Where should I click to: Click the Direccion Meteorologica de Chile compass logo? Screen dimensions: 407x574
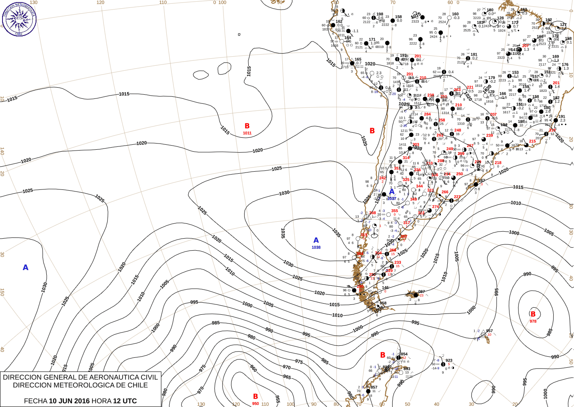pyautogui.click(x=19, y=19)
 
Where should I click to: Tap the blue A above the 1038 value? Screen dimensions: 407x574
pyautogui.click(x=316, y=240)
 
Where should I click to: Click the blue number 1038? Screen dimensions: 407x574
pyautogui.click(x=316, y=247)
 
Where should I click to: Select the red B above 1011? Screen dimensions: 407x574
pyautogui.click(x=247, y=126)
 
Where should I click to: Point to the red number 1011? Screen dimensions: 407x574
pyautogui.click(x=247, y=133)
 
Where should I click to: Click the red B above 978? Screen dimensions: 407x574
pyautogui.click(x=533, y=314)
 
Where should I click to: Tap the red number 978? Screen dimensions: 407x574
pyautogui.click(x=533, y=321)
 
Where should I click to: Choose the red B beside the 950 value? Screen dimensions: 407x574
pyautogui.click(x=255, y=397)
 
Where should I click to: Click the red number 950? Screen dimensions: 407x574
pyautogui.click(x=255, y=404)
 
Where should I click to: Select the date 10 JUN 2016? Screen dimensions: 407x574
pyautogui.click(x=69, y=401)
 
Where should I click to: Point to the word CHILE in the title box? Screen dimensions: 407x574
pyautogui.click(x=137, y=385)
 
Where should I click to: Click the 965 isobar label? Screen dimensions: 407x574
pyautogui.click(x=287, y=377)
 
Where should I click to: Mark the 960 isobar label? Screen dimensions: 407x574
pyautogui.click(x=253, y=368)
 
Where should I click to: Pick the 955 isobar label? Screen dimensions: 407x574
pyautogui.click(x=277, y=399)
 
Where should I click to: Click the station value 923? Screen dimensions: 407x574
pyautogui.click(x=449, y=360)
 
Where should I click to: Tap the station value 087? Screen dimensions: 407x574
pyautogui.click(x=421, y=292)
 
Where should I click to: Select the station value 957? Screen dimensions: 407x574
pyautogui.click(x=490, y=331)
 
